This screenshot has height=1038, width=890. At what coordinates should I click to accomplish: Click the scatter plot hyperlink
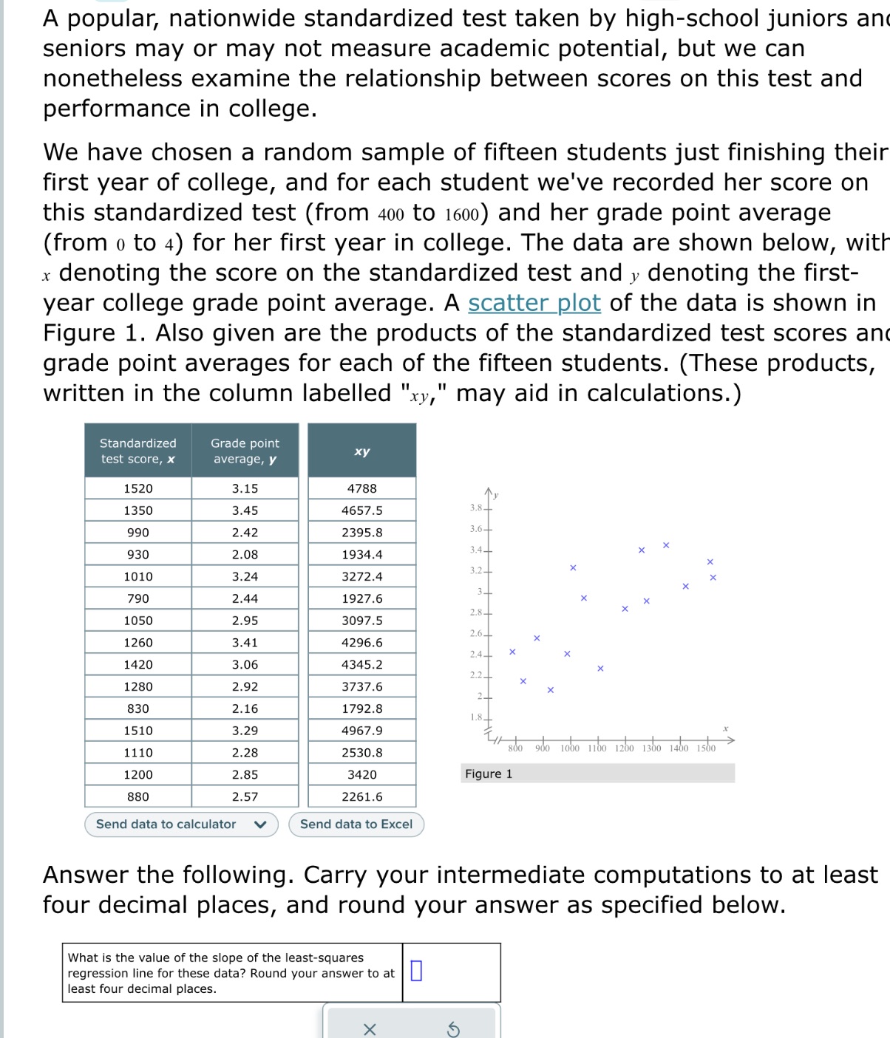pos(534,303)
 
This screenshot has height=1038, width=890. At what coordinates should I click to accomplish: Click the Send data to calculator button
pos(180,824)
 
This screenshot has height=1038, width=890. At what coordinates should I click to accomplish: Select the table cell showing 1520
pos(138,488)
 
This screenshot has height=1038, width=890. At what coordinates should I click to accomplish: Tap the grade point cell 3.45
pos(245,511)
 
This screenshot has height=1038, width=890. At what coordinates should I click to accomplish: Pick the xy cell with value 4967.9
pos(361,731)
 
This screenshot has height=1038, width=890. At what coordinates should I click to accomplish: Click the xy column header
pos(361,451)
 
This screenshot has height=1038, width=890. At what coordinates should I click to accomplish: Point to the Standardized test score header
pos(138,451)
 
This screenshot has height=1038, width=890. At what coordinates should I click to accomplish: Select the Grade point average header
pos(245,451)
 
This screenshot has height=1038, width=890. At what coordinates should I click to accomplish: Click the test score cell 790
pos(138,598)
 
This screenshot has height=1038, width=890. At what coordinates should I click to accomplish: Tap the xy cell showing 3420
pos(361,774)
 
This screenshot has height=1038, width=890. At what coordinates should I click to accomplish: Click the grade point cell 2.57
pos(245,796)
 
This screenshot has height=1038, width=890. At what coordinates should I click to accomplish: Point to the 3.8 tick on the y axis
pos(477,508)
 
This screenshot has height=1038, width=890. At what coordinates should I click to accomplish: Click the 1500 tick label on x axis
pos(706,748)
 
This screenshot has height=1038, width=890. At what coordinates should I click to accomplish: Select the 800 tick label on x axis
pos(515,748)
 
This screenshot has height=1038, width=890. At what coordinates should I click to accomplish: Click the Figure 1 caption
pos(489,774)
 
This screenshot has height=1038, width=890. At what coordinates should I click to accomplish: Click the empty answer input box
pos(416,970)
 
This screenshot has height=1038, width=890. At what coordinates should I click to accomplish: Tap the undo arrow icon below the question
pos(453,1029)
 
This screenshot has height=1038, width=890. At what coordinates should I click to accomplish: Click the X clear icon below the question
pos(370,1029)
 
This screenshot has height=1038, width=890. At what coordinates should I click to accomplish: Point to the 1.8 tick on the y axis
pos(477,717)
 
